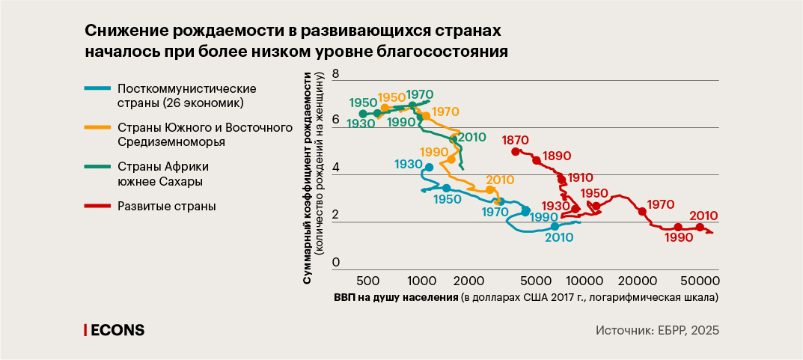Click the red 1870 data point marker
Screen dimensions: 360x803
point(515,152)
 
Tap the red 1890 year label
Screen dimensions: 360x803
point(558,156)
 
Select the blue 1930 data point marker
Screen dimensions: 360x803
point(429,167)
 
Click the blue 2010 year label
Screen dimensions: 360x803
point(559,237)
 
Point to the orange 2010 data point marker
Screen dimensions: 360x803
point(490,190)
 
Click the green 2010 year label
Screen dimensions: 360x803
point(471,137)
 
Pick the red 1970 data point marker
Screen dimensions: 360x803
point(642,212)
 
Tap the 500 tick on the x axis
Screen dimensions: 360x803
point(367,281)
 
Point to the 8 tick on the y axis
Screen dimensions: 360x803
point(336,74)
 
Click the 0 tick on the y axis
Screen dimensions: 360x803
point(336,263)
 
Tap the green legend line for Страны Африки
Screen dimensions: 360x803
point(97,167)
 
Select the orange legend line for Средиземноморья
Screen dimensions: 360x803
point(97,127)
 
